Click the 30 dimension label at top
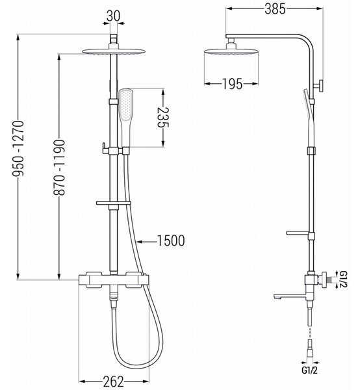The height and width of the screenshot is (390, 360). [113, 16]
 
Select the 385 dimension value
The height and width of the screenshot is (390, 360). [275, 9]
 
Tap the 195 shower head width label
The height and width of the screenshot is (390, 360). [232, 84]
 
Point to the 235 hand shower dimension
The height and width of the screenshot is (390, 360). [163, 117]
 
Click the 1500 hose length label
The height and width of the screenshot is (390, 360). [171, 240]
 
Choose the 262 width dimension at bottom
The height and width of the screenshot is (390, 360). [113, 382]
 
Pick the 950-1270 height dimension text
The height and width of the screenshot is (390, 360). [19, 149]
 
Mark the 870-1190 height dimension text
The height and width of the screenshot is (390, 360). [60, 168]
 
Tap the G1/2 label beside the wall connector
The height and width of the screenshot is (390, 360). [343, 279]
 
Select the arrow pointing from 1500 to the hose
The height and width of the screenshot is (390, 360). [147, 242]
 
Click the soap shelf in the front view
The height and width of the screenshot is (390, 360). [114, 203]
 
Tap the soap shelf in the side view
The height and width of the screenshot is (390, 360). [298, 233]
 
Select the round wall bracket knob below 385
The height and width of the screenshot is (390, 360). [319, 86]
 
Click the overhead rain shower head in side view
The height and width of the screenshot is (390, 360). [231, 51]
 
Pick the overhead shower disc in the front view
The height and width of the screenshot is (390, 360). [113, 51]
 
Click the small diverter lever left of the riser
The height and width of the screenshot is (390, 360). [105, 148]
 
